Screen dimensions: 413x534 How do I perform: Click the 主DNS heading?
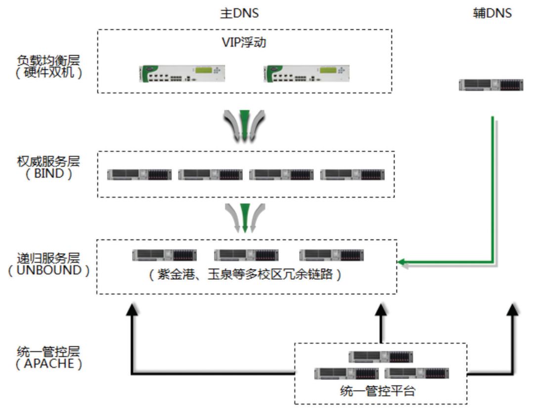click(239, 13)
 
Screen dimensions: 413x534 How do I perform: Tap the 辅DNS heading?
click(491, 13)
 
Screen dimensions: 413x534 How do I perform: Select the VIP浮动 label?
click(244, 43)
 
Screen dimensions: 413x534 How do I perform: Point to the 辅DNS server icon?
click(490, 85)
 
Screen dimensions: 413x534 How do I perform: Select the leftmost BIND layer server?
click(139, 174)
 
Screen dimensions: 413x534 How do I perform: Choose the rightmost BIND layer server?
click(352, 174)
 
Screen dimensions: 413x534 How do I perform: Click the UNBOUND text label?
click(48, 271)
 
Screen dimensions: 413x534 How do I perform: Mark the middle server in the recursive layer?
click(246, 255)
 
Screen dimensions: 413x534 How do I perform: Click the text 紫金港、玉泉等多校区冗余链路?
click(245, 275)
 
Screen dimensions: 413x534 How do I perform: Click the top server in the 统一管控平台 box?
click(380, 357)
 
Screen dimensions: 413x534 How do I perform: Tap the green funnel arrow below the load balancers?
click(244, 124)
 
